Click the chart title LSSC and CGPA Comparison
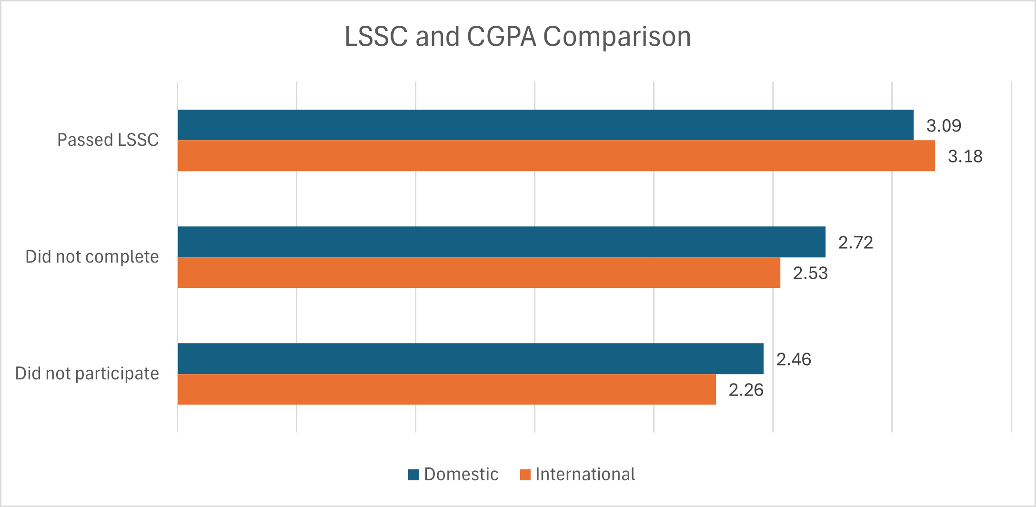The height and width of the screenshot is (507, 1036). pyautogui.click(x=518, y=37)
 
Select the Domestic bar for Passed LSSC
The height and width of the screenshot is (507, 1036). pyautogui.click(x=545, y=125)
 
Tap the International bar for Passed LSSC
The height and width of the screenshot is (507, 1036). pyautogui.click(x=556, y=156)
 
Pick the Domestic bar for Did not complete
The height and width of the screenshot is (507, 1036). pyautogui.click(x=501, y=242)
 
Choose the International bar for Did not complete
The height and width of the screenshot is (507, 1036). pyautogui.click(x=479, y=273)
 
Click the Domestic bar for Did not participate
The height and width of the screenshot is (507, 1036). pyautogui.click(x=470, y=358)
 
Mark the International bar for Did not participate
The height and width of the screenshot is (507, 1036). pyautogui.click(x=446, y=389)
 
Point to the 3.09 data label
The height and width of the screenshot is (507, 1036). pyautogui.click(x=944, y=126)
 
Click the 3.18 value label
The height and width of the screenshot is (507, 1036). pyautogui.click(x=965, y=156)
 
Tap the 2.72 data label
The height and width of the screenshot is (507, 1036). pyautogui.click(x=855, y=243)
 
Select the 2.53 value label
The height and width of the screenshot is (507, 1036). pyautogui.click(x=810, y=273)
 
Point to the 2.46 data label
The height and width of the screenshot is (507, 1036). pyautogui.click(x=794, y=359)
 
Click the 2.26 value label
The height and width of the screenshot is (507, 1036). pyautogui.click(x=746, y=390)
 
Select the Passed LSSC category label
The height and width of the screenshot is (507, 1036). pyautogui.click(x=108, y=140)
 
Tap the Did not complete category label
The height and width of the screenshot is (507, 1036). pyautogui.click(x=92, y=257)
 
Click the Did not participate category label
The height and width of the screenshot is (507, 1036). pyautogui.click(x=87, y=374)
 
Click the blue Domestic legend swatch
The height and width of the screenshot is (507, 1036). pyautogui.click(x=413, y=475)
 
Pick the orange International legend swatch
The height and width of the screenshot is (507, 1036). pyautogui.click(x=525, y=475)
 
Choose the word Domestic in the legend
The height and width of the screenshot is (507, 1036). pyautogui.click(x=461, y=475)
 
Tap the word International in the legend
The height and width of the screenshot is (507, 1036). pyautogui.click(x=585, y=475)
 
